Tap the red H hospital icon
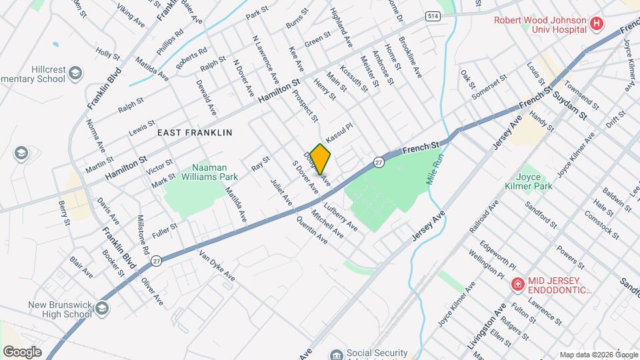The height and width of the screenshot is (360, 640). [x=597, y=25]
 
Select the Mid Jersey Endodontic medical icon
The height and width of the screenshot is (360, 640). [x=517, y=285]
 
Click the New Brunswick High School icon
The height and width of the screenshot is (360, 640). [x=101, y=308]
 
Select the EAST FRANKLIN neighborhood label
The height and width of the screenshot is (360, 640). [x=195, y=133]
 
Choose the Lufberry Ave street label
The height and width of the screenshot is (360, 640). [x=342, y=217]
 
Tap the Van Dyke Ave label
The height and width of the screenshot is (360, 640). [x=217, y=265]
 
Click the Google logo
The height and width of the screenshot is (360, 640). [x=22, y=351]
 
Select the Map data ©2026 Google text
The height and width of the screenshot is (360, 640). [x=598, y=354]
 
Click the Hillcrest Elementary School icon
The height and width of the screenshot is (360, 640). [x=75, y=71]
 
